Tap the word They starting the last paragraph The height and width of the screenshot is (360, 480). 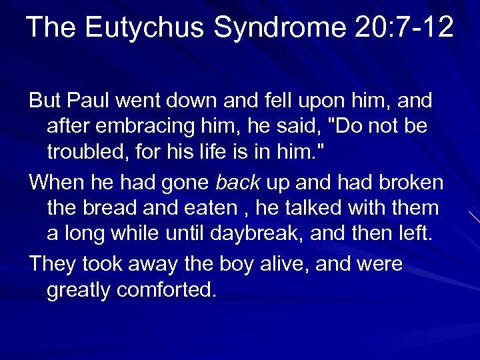53,265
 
